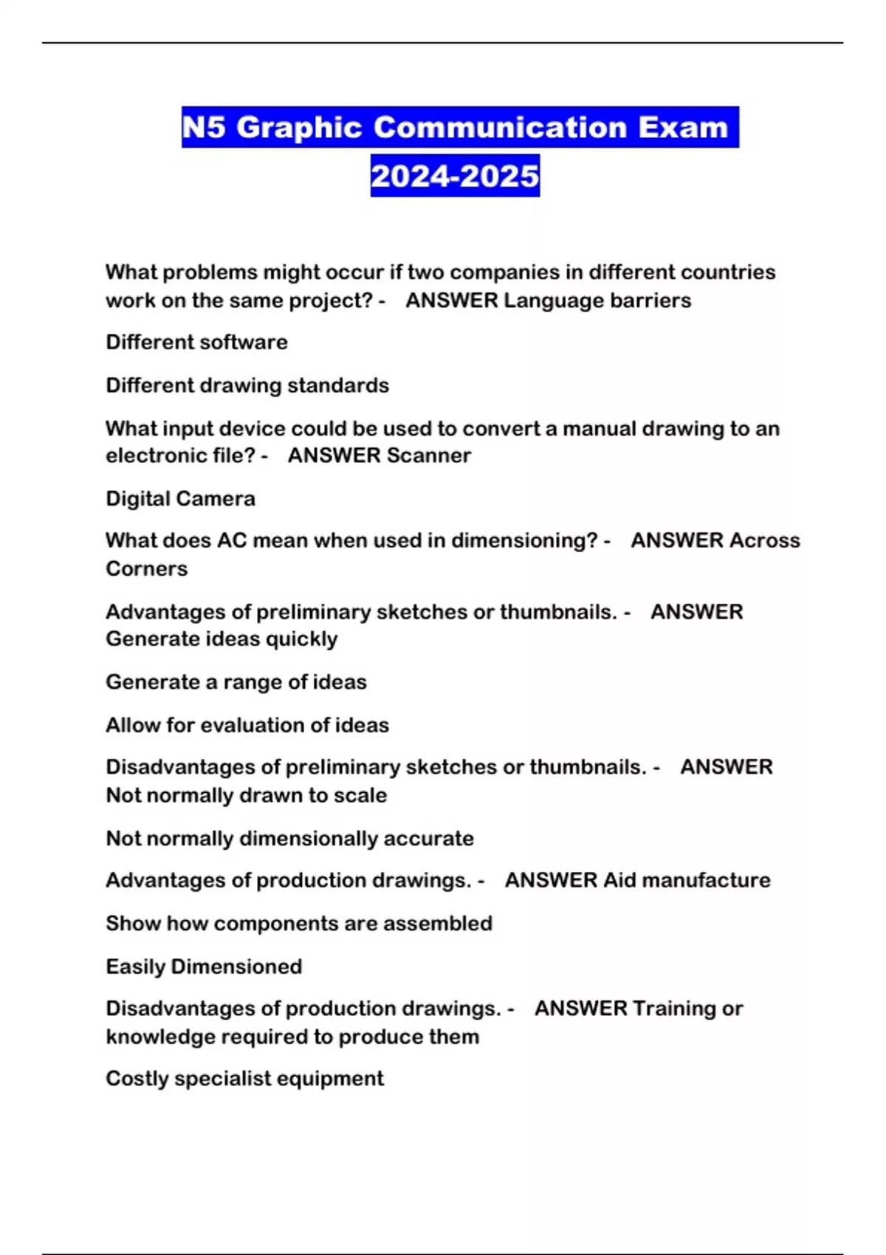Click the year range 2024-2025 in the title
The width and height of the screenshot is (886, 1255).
(x=455, y=176)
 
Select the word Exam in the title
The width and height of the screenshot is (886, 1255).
(x=683, y=128)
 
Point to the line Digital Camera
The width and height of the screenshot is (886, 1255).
(x=180, y=498)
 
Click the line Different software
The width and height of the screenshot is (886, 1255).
(x=196, y=342)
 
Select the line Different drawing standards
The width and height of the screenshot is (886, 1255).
(x=247, y=385)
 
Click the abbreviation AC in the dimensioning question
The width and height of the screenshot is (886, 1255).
(x=232, y=540)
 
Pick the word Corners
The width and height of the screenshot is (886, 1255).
(x=146, y=568)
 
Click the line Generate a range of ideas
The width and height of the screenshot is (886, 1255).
(x=236, y=681)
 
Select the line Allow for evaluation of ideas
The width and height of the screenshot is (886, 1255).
(x=247, y=725)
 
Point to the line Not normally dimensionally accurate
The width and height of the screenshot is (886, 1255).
(x=289, y=839)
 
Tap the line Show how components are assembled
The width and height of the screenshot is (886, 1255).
(x=299, y=924)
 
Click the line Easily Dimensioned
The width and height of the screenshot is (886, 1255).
(x=204, y=966)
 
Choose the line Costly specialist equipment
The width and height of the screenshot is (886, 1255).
(x=244, y=1079)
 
